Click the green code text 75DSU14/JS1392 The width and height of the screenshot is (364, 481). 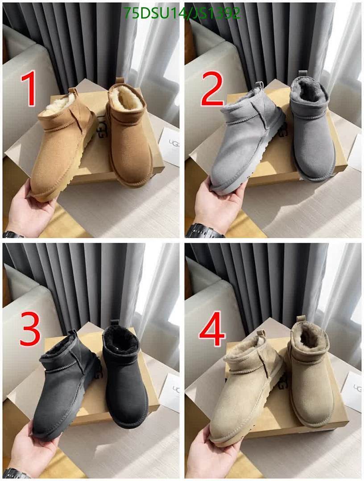point(182,13)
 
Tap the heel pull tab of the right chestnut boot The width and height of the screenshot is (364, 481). point(119,82)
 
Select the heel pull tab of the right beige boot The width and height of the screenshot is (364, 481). point(301,319)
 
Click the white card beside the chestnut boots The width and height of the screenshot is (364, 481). point(170,147)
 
